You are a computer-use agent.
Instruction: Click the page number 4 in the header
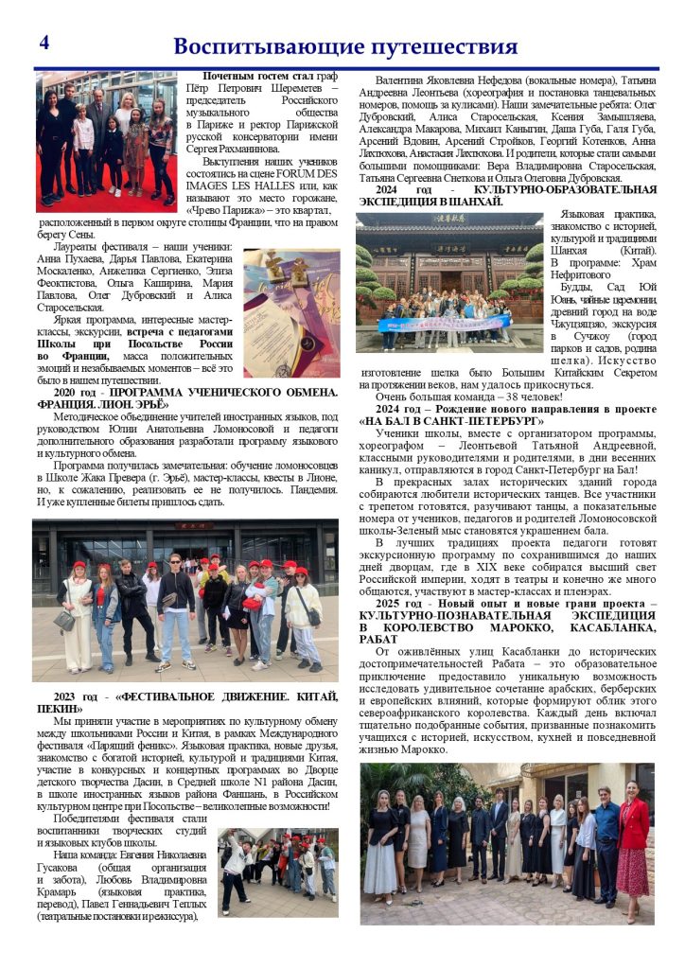coord(44,43)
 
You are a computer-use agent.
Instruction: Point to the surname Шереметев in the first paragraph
coord(274,87)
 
